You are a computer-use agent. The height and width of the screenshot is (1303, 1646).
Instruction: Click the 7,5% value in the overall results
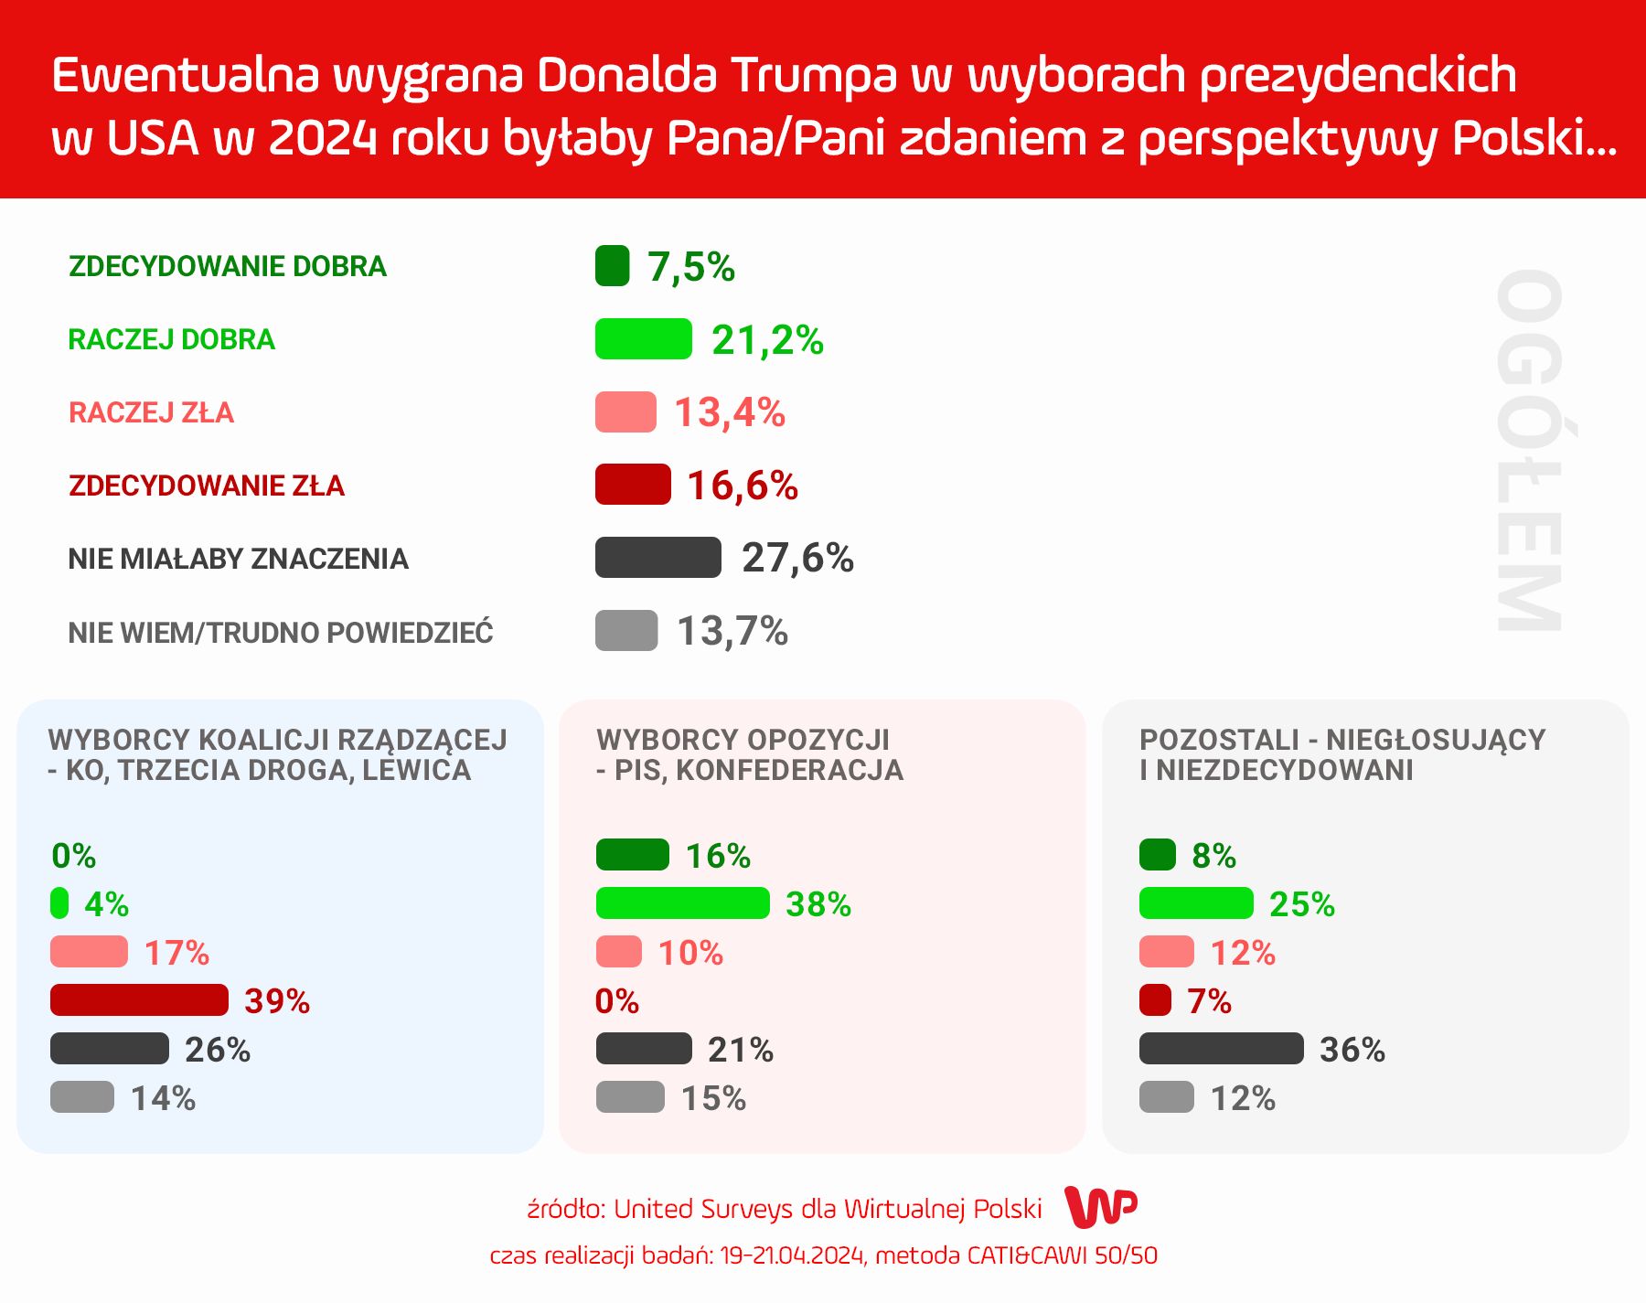[x=690, y=267]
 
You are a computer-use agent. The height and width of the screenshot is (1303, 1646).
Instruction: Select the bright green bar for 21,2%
[x=643, y=339]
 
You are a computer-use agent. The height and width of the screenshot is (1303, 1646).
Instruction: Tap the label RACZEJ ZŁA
[x=151, y=412]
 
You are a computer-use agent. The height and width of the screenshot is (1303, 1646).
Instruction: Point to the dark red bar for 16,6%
[x=633, y=485]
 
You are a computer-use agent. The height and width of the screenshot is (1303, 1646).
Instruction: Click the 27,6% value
[x=797, y=558]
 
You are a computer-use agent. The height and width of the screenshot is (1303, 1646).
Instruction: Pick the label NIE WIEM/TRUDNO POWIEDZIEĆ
[x=281, y=632]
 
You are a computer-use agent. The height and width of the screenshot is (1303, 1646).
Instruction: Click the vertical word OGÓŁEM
[x=1529, y=450]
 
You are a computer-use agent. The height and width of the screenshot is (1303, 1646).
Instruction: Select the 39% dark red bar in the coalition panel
[x=139, y=1000]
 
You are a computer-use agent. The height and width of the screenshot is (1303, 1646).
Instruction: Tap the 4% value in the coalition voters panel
[x=106, y=904]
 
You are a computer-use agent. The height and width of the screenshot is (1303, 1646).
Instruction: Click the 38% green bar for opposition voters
[x=682, y=903]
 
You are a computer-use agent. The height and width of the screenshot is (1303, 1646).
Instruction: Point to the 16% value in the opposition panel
[x=718, y=856]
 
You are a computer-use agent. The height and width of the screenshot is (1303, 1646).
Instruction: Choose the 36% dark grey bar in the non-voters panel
[x=1221, y=1049]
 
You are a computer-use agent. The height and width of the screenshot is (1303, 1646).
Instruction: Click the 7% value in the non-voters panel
[x=1209, y=1001]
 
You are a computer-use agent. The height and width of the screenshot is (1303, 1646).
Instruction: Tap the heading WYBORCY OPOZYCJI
[x=743, y=739]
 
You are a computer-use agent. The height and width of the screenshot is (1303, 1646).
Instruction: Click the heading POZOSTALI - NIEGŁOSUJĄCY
[x=1341, y=739]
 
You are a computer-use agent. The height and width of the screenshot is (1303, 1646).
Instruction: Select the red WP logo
[x=1102, y=1208]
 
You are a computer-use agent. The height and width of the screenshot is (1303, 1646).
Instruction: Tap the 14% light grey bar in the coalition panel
[x=82, y=1097]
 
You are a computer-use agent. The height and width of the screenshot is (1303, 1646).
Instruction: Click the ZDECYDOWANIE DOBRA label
[x=228, y=266]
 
